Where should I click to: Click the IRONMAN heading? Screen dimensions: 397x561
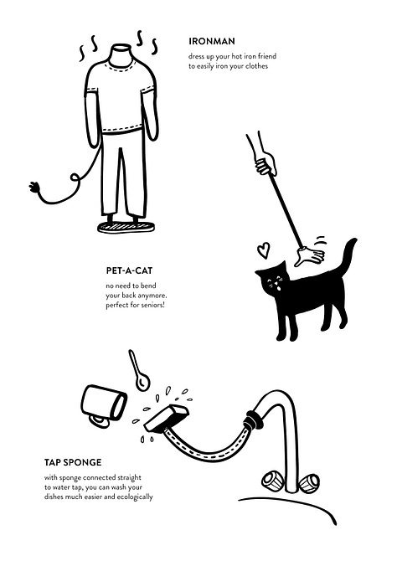(212, 41)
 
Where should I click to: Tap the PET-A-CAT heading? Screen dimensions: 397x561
(129, 270)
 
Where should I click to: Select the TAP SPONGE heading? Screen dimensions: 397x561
(73, 462)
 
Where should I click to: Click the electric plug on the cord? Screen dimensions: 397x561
(34, 187)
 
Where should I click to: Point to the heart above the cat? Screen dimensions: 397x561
(264, 250)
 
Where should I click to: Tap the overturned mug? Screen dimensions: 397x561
(104, 405)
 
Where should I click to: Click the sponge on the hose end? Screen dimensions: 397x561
(166, 418)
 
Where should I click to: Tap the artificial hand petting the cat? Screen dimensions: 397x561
(310, 255)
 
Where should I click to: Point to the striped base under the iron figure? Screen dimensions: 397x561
(126, 226)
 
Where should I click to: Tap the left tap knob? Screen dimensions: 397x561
(272, 480)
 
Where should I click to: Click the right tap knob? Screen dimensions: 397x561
(308, 482)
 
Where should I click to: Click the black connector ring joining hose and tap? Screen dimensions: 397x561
(254, 419)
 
